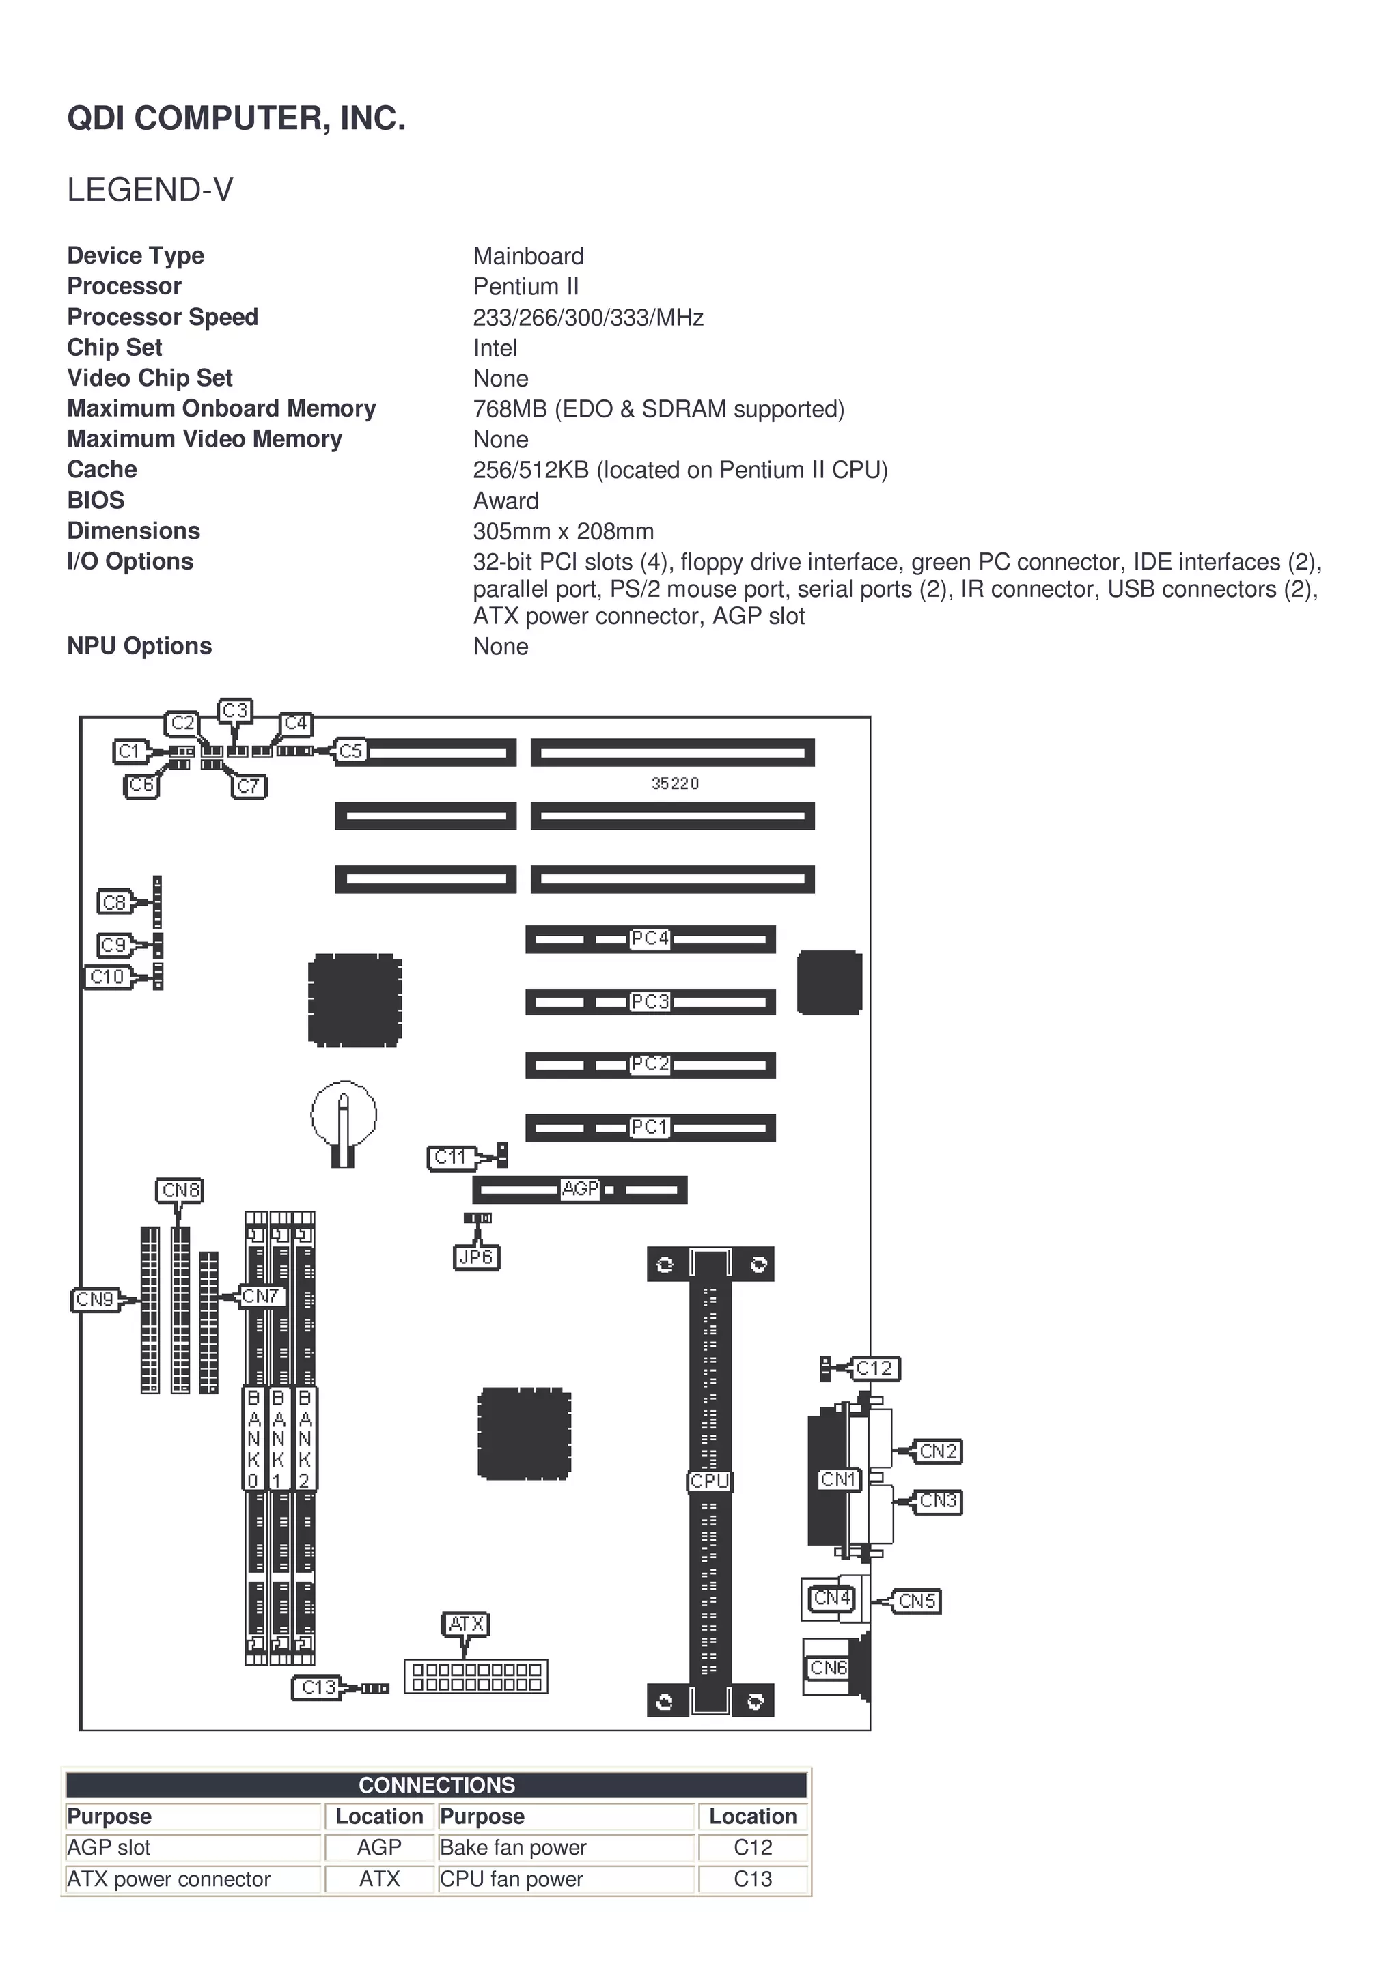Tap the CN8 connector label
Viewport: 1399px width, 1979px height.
click(x=181, y=1190)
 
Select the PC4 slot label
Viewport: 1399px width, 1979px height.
click(x=650, y=938)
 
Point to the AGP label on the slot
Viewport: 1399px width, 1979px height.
click(x=580, y=1189)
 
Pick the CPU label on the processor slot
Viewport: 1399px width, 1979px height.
click(x=710, y=1480)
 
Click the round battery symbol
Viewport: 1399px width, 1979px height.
click(x=344, y=1115)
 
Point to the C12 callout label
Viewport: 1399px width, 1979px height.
click(x=874, y=1368)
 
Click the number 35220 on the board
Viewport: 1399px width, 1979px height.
click(x=675, y=783)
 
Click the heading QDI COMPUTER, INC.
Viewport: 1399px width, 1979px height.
click(x=236, y=118)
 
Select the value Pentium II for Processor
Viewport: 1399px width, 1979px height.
click(x=526, y=286)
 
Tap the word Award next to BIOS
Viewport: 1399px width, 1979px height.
click(x=506, y=501)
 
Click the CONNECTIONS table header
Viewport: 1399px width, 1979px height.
click(x=437, y=1784)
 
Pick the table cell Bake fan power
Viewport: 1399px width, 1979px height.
click(x=513, y=1847)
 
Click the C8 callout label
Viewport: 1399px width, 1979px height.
click(x=114, y=903)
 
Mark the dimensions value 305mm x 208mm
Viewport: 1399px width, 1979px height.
click(x=563, y=531)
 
